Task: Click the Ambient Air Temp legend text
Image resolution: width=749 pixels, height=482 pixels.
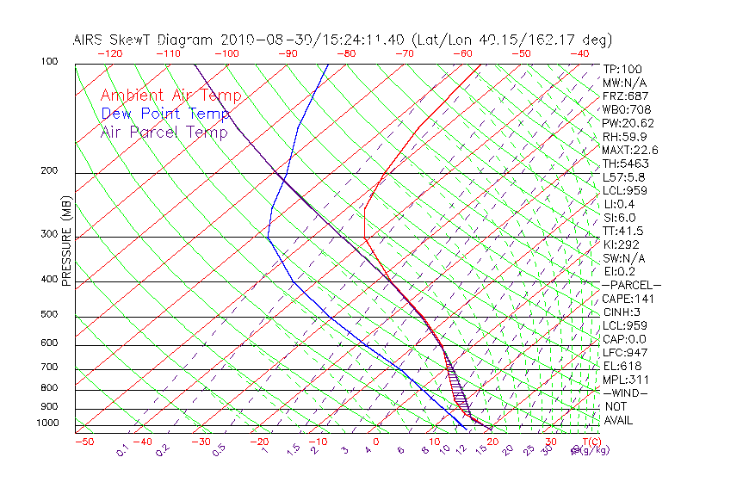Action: [x=171, y=96]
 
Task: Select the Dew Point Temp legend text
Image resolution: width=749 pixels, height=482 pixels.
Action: [x=165, y=114]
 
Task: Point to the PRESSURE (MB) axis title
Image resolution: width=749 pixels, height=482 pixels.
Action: [x=66, y=241]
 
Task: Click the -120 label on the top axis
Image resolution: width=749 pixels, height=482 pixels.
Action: [x=109, y=53]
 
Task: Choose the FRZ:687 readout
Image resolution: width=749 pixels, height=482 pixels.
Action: [x=624, y=96]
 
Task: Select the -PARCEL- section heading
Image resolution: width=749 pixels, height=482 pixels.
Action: [x=631, y=285]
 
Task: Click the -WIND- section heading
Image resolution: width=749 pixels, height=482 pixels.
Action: [x=624, y=392]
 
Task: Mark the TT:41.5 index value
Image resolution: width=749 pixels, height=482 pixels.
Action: [x=622, y=231]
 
